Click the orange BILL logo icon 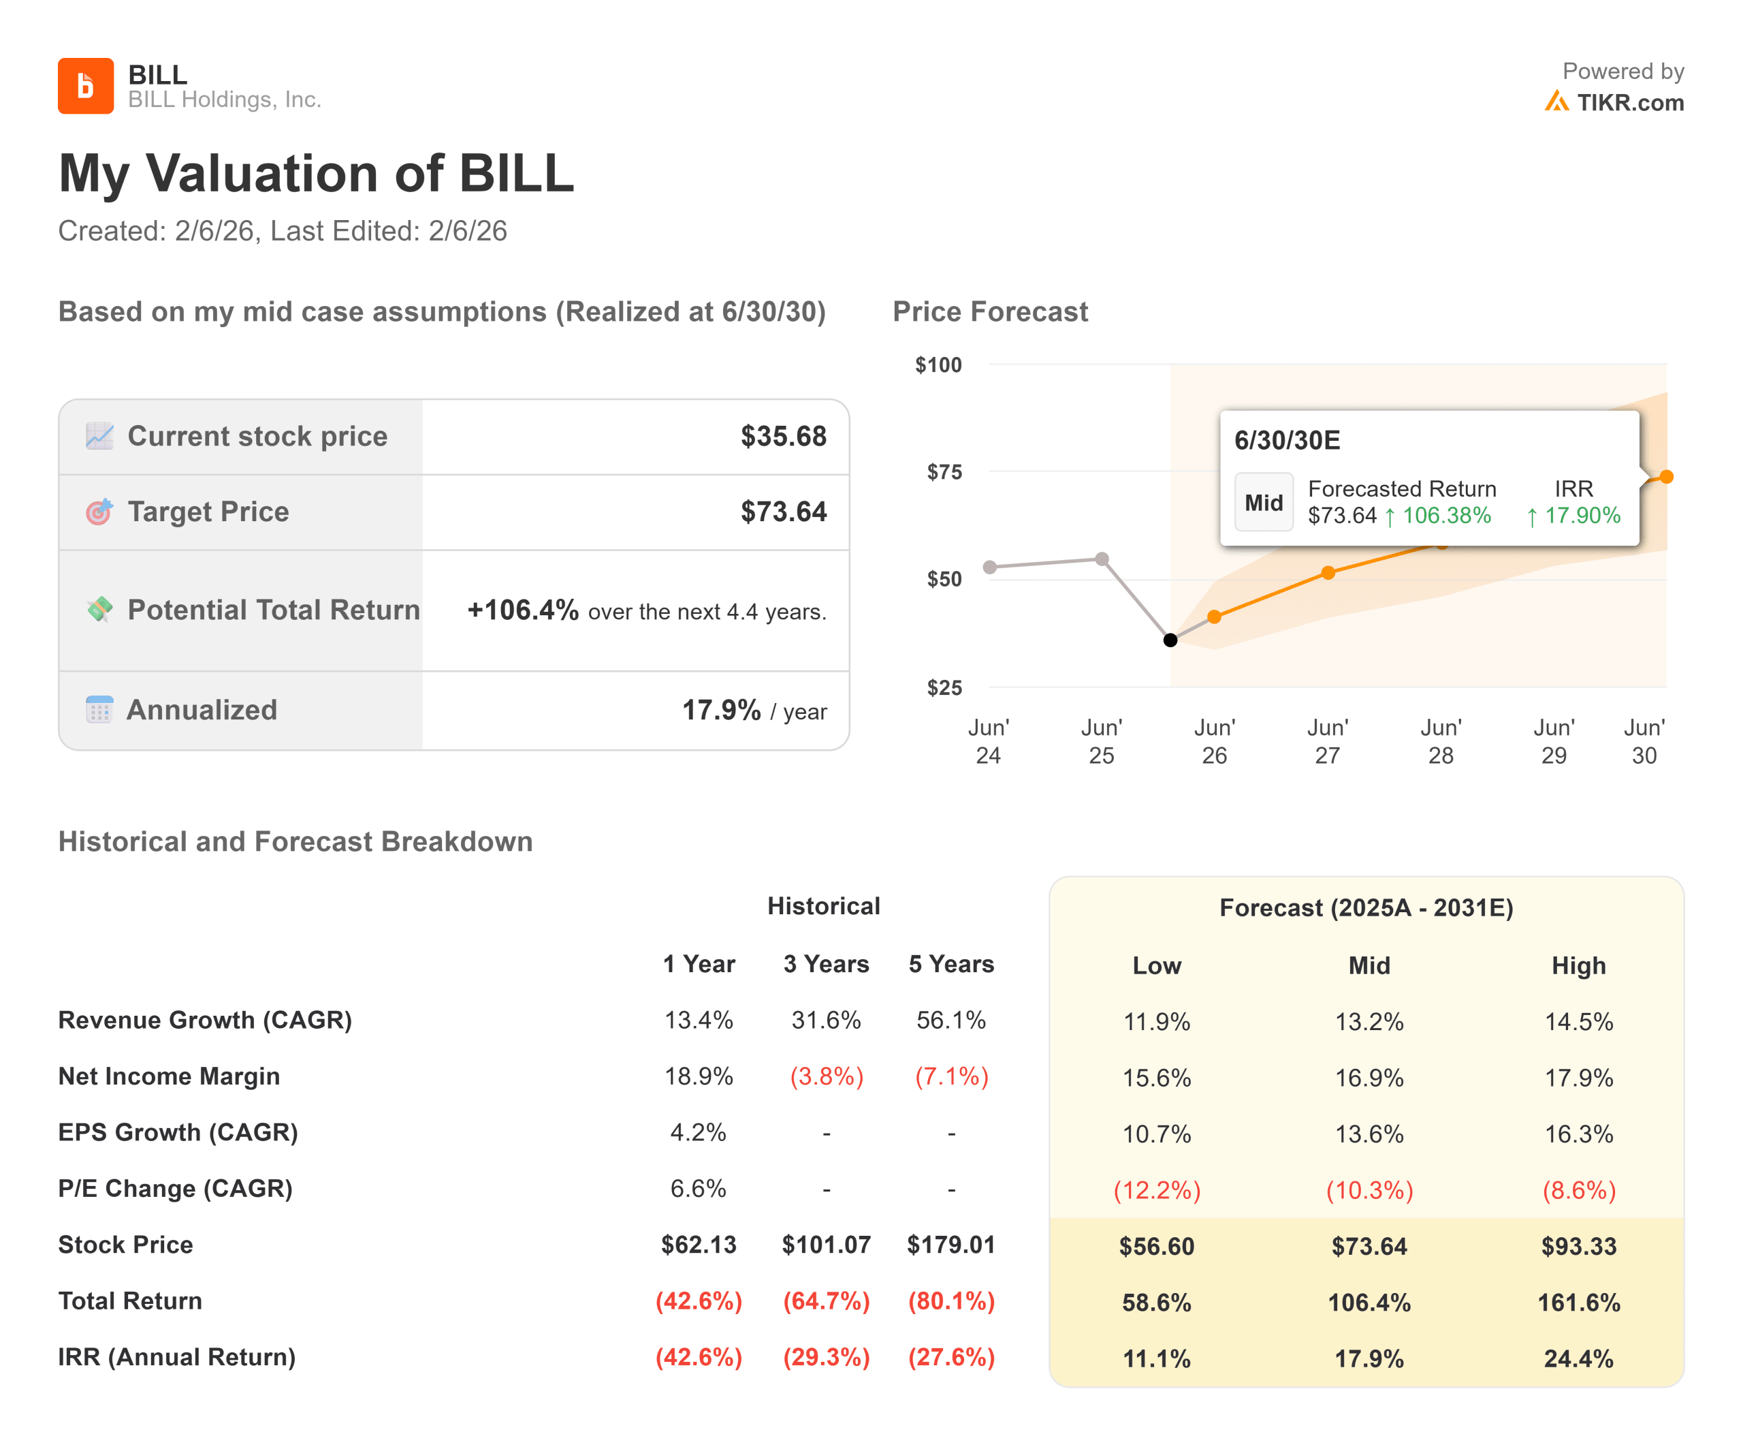click(x=85, y=86)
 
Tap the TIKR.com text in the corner click(x=1629, y=102)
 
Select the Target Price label click(x=208, y=512)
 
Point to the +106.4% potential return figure click(x=523, y=610)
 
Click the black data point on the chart click(x=1169, y=640)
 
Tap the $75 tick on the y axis click(x=944, y=472)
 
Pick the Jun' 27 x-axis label click(x=1326, y=741)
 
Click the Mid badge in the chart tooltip click(x=1263, y=502)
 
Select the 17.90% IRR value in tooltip click(x=1582, y=516)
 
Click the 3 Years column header click(x=825, y=963)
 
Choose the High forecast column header click(x=1578, y=965)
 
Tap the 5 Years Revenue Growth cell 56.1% click(x=950, y=1021)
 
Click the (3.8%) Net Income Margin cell click(x=825, y=1076)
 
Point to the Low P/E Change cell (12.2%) click(x=1156, y=1190)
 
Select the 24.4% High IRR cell click(x=1578, y=1358)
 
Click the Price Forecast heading click(x=989, y=312)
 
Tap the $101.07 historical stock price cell click(x=825, y=1244)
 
